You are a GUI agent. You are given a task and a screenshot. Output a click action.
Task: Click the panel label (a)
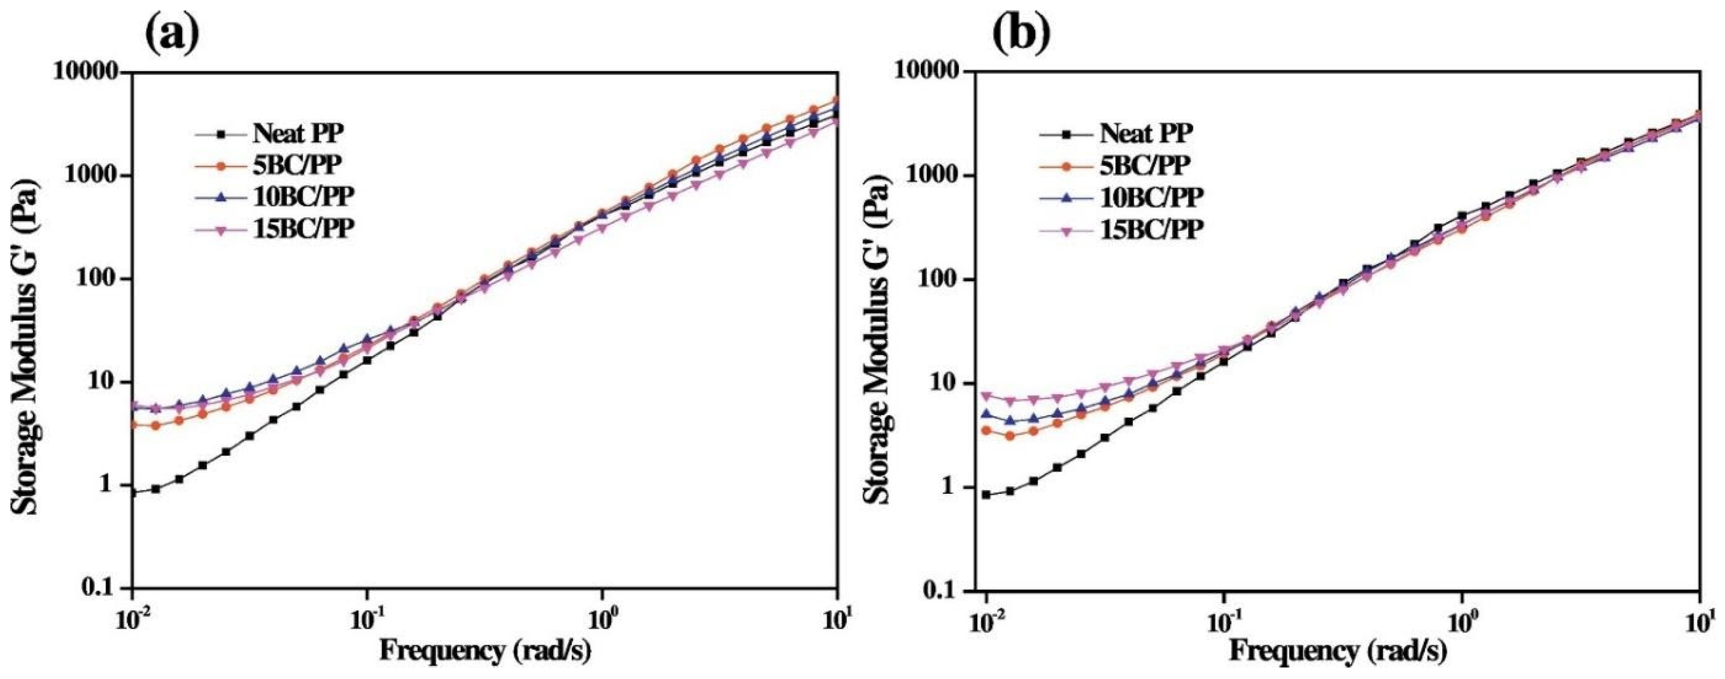[x=173, y=34]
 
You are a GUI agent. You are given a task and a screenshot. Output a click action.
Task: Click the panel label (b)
[x=1021, y=34]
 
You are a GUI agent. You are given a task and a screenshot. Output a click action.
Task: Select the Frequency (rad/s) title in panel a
[x=486, y=651]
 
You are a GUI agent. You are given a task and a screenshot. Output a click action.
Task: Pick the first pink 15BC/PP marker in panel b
[x=986, y=396]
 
